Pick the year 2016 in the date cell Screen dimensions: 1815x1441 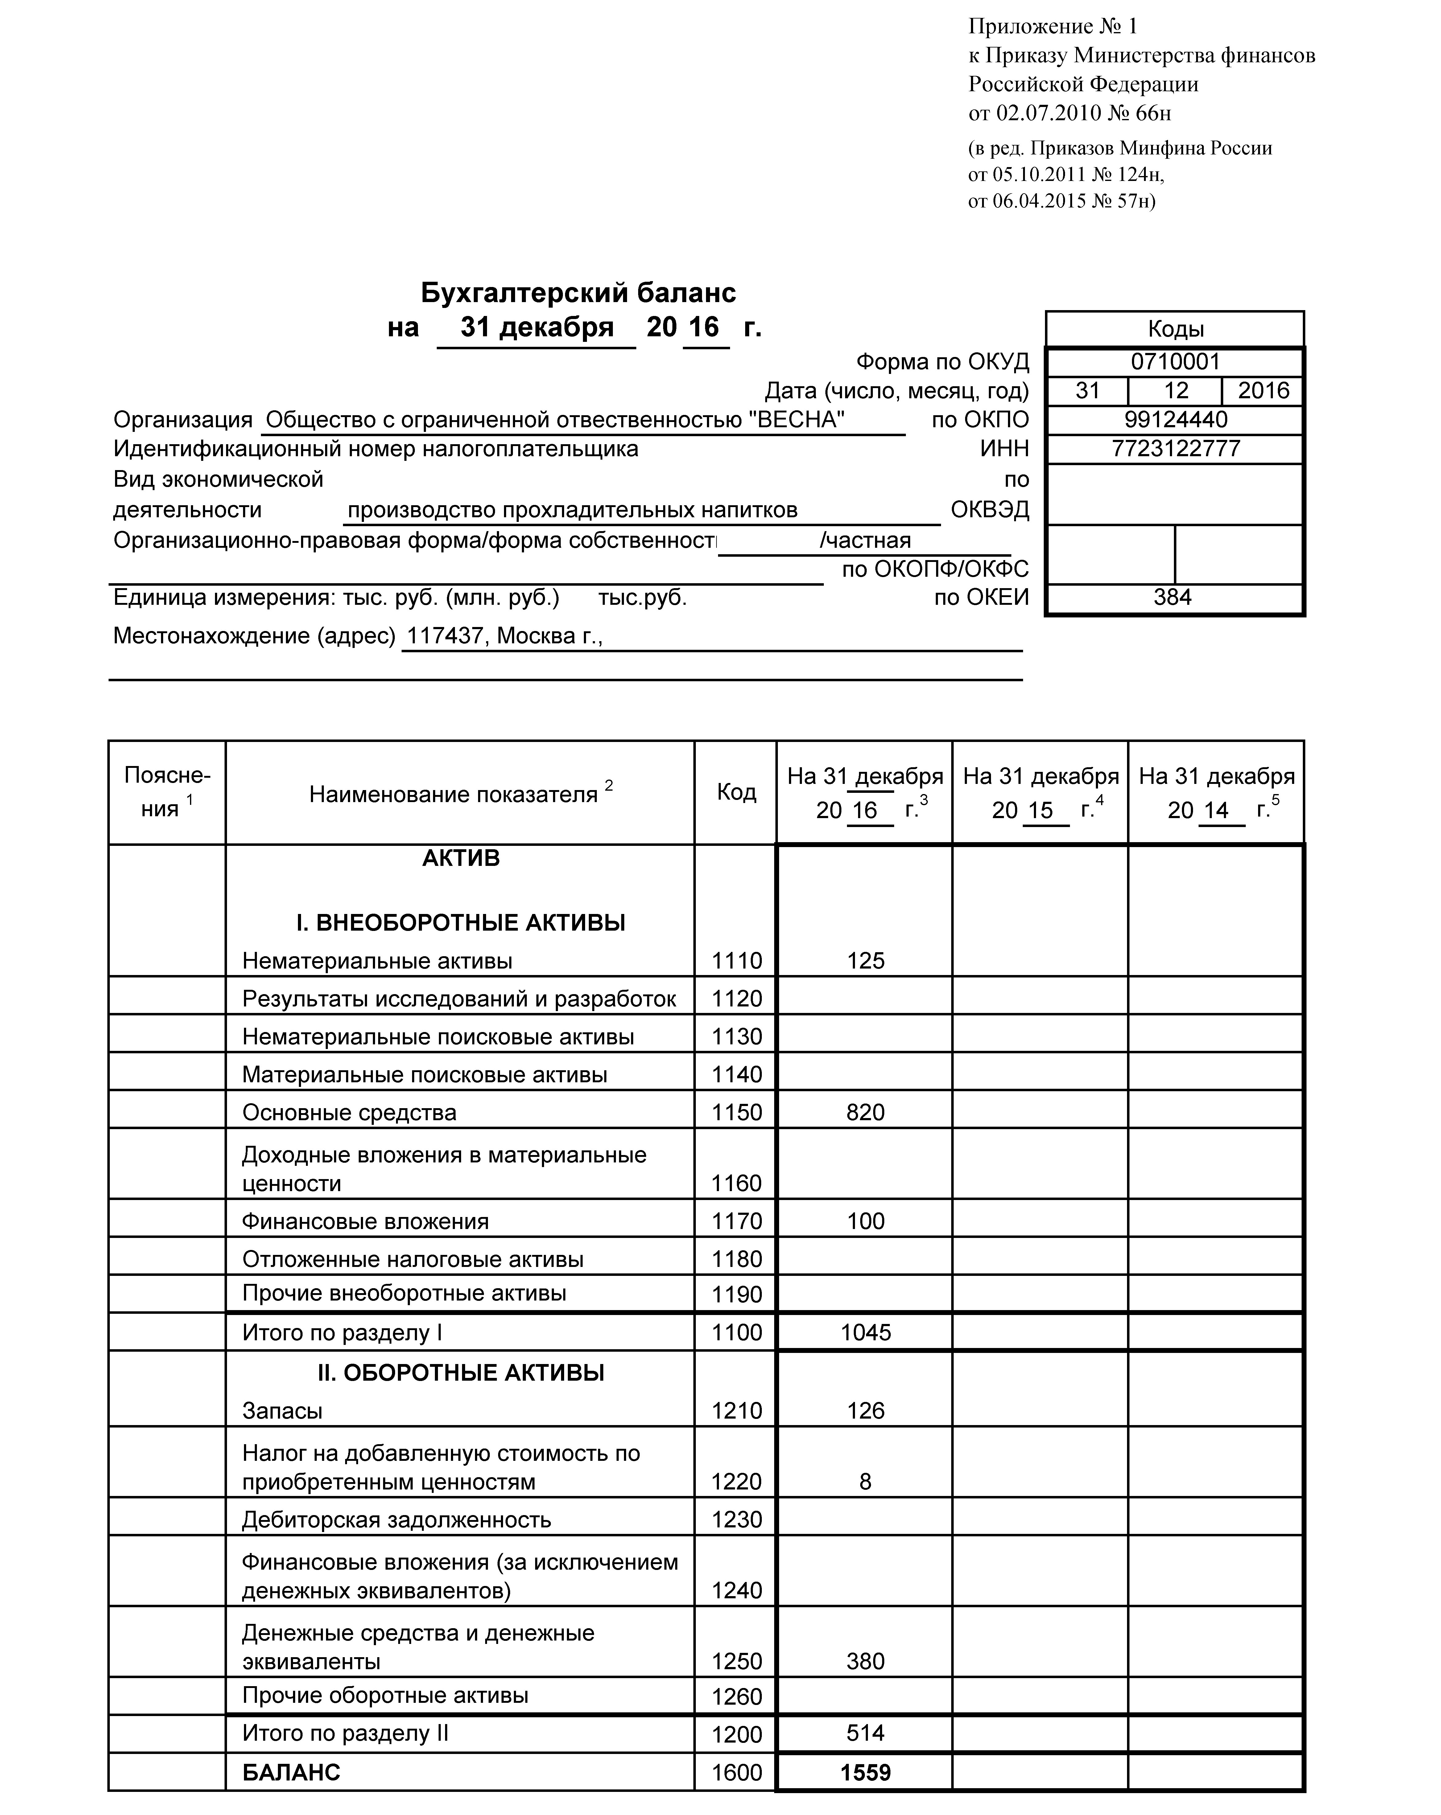coord(1262,391)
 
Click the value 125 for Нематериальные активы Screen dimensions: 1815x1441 coord(865,961)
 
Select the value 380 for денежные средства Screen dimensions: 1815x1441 coord(865,1661)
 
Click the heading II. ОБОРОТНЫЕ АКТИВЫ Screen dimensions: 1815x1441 coord(461,1373)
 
